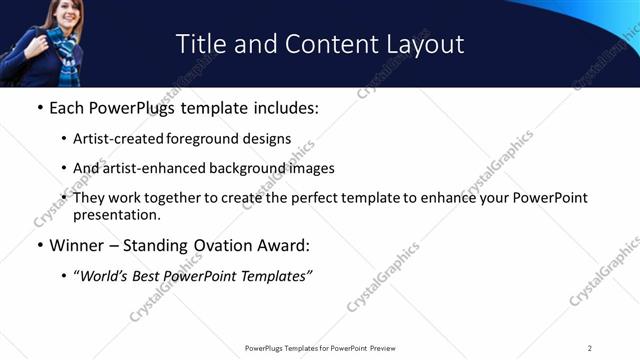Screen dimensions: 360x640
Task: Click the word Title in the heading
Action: point(198,44)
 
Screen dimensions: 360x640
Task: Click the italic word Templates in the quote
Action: point(274,275)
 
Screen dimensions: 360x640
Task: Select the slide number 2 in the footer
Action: point(590,347)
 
